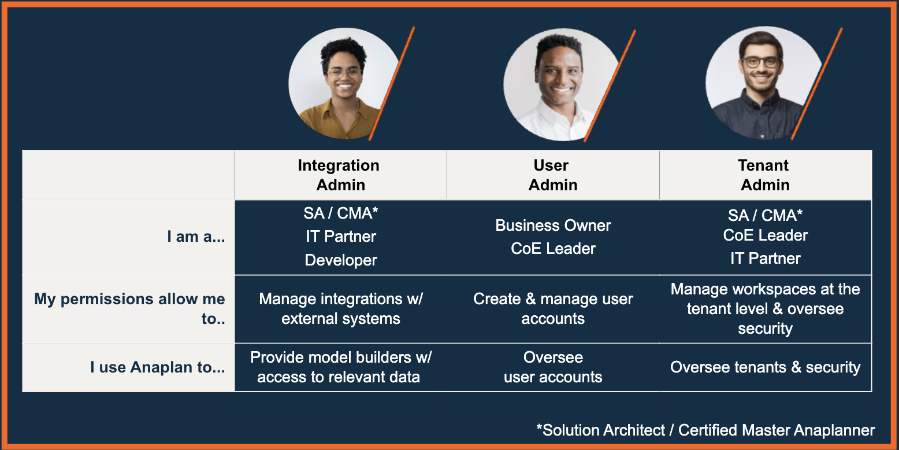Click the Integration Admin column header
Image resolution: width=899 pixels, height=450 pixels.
point(339,175)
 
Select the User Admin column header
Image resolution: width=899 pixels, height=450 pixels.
point(553,175)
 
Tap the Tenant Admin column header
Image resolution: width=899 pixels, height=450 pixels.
point(764,175)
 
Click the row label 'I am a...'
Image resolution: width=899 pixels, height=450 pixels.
point(196,237)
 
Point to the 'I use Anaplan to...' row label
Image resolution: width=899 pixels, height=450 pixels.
point(157,367)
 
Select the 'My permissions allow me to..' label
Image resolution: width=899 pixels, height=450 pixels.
point(129,308)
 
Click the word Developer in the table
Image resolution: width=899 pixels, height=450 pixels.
point(341,260)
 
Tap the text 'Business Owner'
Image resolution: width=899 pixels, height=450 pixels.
point(553,226)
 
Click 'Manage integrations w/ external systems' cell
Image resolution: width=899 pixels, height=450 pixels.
point(341,308)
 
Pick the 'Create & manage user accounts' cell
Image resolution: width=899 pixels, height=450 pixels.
point(553,308)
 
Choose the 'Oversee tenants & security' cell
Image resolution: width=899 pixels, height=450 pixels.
point(766,367)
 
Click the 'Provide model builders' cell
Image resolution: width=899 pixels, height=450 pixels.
point(341,367)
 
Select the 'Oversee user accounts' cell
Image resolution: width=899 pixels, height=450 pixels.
point(553,367)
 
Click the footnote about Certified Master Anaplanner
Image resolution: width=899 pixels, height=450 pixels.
point(705,430)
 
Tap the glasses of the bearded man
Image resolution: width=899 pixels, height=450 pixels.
point(761,62)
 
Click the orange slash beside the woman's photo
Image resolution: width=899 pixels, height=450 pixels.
point(392,83)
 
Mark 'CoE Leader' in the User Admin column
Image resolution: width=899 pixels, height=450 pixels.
point(553,249)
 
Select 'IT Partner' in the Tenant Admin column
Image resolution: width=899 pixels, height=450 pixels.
point(766,259)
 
